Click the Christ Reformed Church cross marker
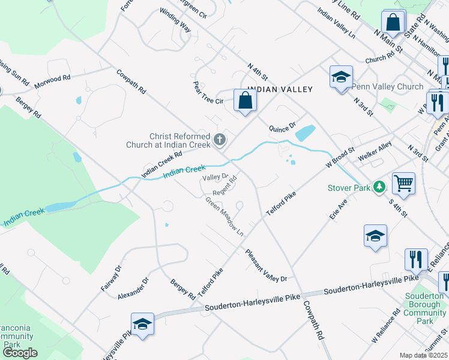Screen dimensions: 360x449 [x=220, y=140]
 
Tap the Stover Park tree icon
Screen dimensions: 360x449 [x=379, y=188]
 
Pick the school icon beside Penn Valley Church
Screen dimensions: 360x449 [x=340, y=77]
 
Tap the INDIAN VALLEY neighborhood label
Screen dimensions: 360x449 [x=280, y=89]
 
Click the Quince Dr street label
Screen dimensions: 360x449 [x=282, y=127]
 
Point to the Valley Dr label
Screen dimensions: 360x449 [x=215, y=177]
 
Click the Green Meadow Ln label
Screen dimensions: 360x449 [x=225, y=216]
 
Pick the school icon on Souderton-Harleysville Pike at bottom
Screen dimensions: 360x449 [x=142, y=324]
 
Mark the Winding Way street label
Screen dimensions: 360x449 [x=175, y=20]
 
